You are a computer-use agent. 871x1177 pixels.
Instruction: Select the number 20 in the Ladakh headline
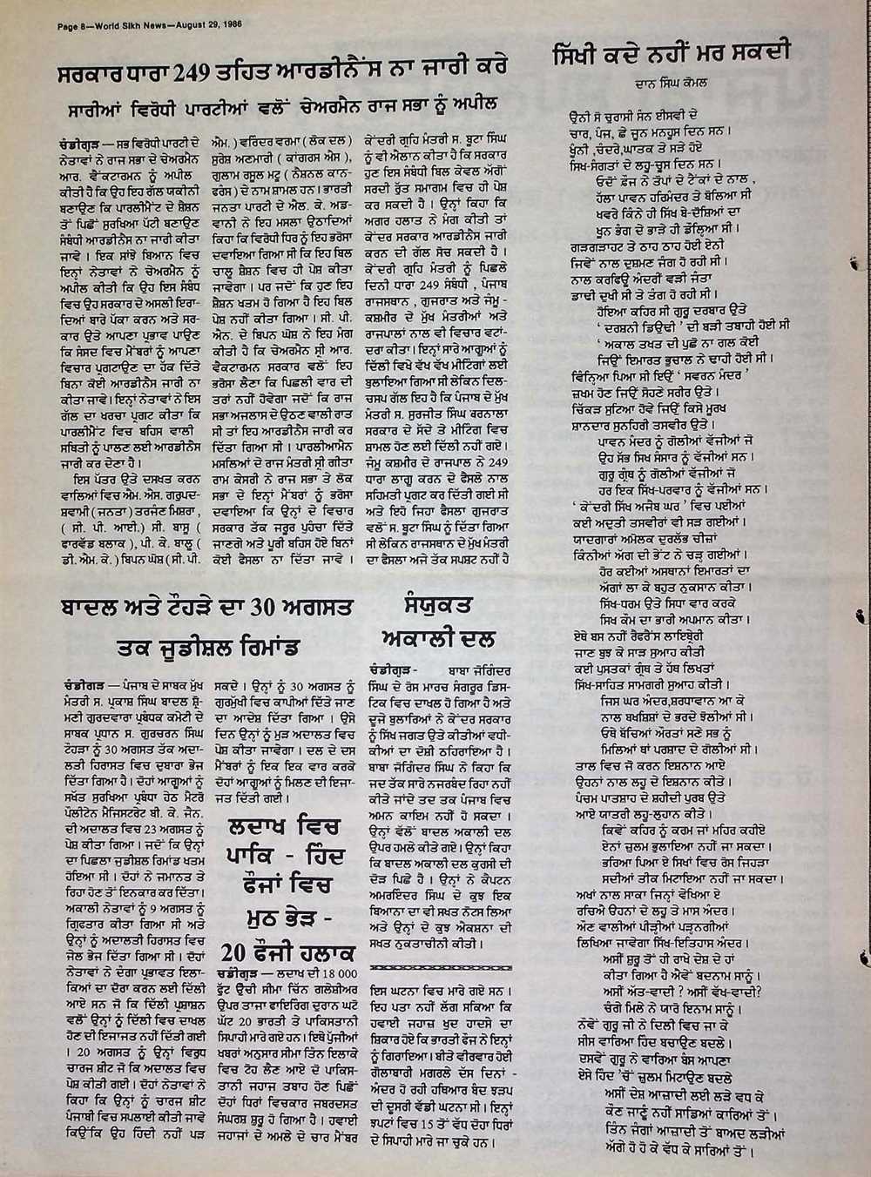(x=234, y=949)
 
